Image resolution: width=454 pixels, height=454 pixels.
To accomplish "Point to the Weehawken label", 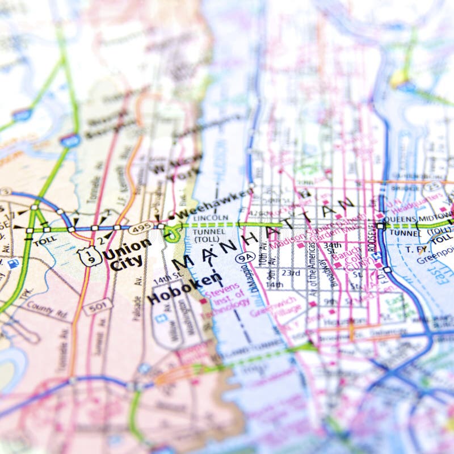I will [213, 204].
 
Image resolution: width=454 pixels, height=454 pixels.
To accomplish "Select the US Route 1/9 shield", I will [90, 257].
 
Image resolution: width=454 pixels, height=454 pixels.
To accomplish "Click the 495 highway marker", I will [140, 228].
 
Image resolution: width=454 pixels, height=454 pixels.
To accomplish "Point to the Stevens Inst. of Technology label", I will [230, 296].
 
